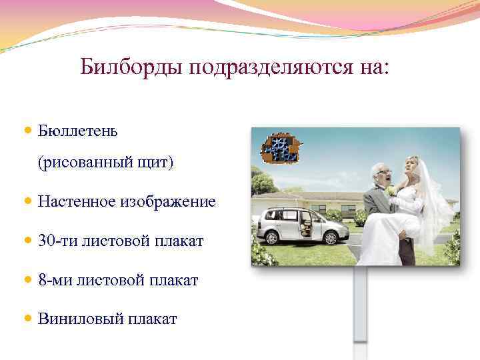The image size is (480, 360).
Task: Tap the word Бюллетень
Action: click(x=78, y=130)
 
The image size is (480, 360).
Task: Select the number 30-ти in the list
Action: click(x=57, y=240)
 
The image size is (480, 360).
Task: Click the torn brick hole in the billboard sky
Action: click(x=279, y=148)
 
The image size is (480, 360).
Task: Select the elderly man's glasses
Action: click(x=385, y=171)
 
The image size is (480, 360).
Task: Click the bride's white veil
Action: click(x=436, y=200)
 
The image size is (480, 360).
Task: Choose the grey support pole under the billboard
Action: click(x=360, y=307)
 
